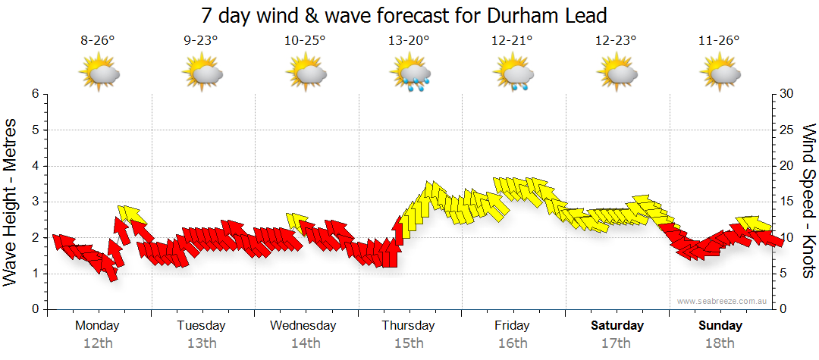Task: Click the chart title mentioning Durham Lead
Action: click(x=404, y=15)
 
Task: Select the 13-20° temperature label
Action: click(x=409, y=42)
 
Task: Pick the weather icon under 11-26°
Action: click(x=720, y=74)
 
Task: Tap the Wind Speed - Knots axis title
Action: click(x=808, y=201)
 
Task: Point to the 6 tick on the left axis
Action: click(x=34, y=94)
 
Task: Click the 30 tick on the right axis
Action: click(x=787, y=94)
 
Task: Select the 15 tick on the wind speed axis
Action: click(x=787, y=202)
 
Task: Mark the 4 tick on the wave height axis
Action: click(x=34, y=166)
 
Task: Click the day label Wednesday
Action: click(x=303, y=326)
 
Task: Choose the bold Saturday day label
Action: click(x=617, y=326)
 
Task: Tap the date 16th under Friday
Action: click(x=513, y=343)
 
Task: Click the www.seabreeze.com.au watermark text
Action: click(x=723, y=301)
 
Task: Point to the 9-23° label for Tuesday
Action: click(x=201, y=42)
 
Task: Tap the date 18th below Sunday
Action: click(x=720, y=343)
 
